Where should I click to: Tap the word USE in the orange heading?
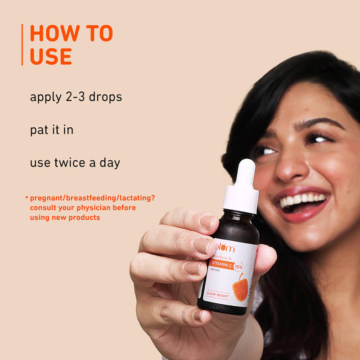[50, 56]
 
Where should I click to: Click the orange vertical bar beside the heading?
[22, 45]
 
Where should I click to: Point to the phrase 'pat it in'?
[51, 130]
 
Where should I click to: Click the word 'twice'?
[70, 162]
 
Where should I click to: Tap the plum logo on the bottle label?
[225, 247]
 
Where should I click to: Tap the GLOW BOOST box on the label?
[217, 296]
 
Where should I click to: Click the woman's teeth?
[302, 199]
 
